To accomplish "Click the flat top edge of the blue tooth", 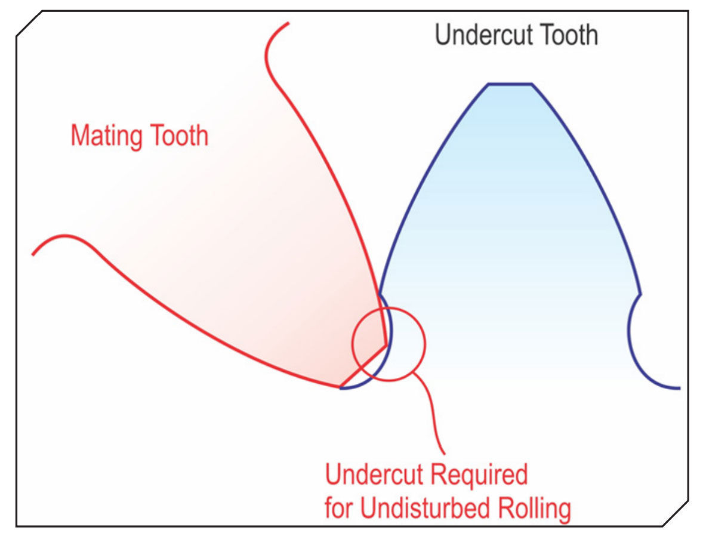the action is tap(510, 84).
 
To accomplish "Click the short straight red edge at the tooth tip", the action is tap(363, 365).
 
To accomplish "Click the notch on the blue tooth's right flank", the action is tap(640, 295).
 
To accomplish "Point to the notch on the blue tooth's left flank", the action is tap(380, 294).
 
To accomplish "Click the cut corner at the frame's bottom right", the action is tap(676, 513).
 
